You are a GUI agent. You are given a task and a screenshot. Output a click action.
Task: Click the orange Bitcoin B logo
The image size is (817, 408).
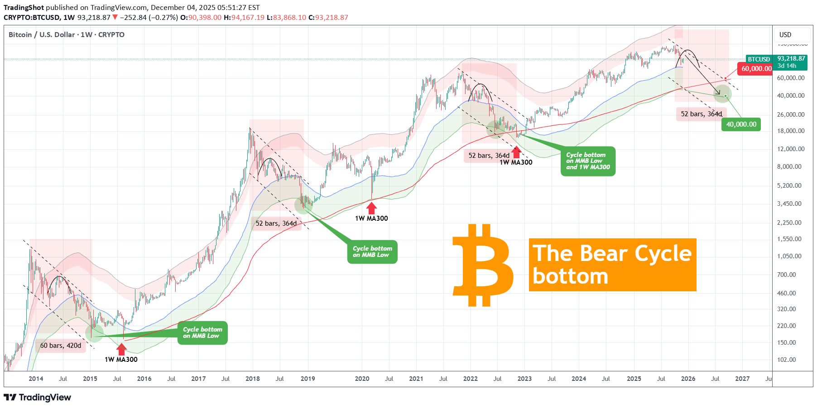point(483,265)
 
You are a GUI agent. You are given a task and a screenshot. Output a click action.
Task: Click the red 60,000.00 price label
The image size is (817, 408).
point(756,69)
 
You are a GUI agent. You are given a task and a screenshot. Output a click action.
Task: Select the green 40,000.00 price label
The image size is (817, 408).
point(741,124)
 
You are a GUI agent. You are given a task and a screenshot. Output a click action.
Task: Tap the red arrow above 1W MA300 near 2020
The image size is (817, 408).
point(371,208)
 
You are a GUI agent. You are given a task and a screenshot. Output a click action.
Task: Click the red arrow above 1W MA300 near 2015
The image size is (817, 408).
point(121,349)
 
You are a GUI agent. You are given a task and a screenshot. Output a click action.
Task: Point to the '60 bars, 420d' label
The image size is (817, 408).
point(61,346)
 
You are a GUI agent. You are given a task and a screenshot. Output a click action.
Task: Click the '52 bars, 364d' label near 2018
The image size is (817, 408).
point(276,223)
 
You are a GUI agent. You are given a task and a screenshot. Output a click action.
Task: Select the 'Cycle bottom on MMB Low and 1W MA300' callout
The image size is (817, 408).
point(588,161)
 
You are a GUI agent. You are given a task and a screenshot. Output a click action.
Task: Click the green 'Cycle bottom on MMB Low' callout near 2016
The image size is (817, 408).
point(202,333)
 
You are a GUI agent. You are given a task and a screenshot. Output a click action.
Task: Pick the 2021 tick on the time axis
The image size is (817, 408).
point(416,379)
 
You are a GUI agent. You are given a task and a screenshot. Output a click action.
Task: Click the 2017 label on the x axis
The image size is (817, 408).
point(198,379)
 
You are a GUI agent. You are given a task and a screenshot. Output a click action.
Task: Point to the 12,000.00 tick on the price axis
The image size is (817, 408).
point(790,149)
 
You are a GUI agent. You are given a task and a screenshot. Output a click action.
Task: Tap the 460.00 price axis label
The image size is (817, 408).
point(786,293)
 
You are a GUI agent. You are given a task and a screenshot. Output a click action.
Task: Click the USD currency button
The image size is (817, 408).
point(785,35)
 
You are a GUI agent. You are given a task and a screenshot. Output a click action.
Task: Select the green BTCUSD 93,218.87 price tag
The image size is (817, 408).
point(776,62)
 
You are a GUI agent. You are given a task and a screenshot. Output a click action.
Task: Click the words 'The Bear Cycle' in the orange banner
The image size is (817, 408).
point(612,253)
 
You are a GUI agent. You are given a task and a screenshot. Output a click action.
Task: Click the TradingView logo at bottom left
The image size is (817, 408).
point(38,397)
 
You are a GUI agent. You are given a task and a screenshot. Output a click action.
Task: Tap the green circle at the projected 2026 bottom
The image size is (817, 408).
point(722,95)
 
